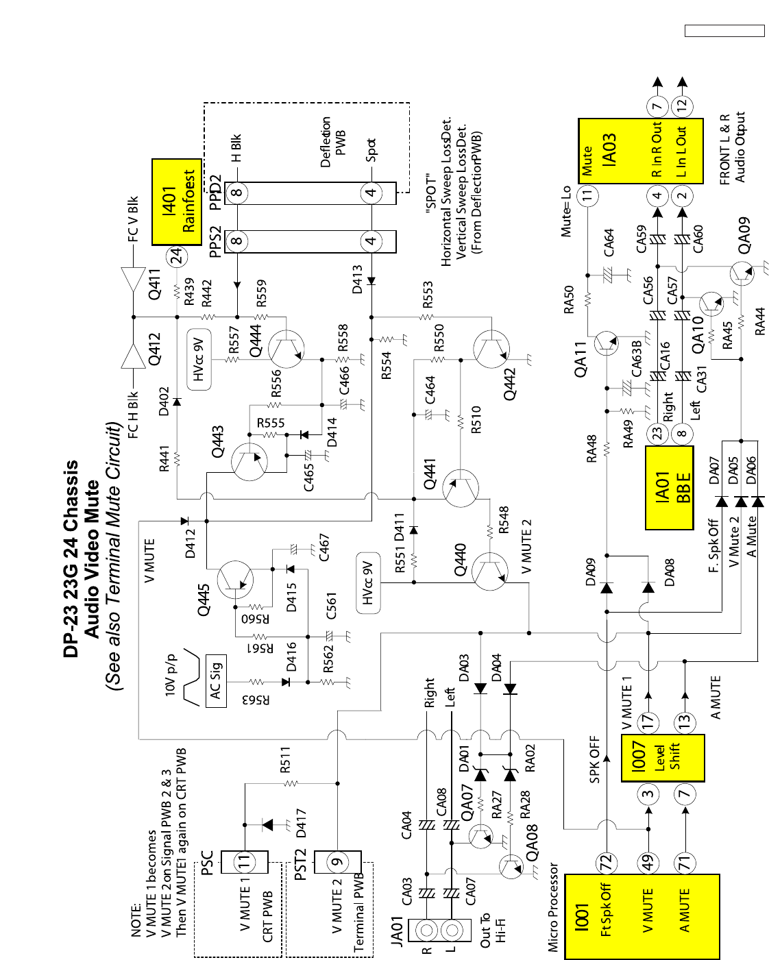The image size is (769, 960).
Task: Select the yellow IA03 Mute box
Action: click(640, 151)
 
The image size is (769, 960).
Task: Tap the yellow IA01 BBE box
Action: click(670, 487)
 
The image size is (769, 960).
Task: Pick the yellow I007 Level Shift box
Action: click(662, 757)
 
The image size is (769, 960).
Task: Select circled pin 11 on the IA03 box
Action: click(587, 195)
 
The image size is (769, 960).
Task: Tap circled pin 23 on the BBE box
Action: click(658, 434)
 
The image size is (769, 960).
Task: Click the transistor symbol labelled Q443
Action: click(249, 461)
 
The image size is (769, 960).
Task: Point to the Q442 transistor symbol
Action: click(491, 349)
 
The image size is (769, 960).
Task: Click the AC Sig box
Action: click(216, 682)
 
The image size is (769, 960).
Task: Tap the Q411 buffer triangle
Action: click(133, 280)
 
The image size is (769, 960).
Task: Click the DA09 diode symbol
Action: click(606, 587)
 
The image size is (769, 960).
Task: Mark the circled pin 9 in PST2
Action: click(337, 862)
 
